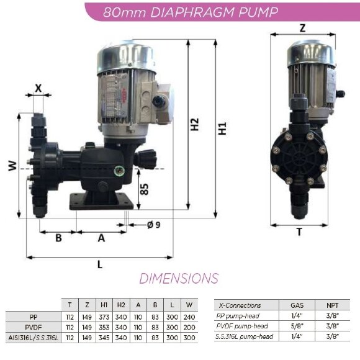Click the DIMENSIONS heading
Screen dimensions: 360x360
tap(179, 278)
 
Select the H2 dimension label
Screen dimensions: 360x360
tap(196, 124)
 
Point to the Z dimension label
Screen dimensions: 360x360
tap(302, 28)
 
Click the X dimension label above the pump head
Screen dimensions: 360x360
tap(38, 88)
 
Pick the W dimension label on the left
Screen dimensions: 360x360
tap(12, 166)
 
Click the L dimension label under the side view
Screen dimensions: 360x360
tap(99, 264)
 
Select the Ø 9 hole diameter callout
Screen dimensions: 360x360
tap(153, 224)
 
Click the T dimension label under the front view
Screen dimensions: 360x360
tap(299, 232)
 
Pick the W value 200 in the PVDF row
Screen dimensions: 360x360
tap(189, 326)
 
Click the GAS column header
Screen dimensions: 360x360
tap(297, 305)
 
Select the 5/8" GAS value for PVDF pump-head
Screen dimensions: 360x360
tap(297, 326)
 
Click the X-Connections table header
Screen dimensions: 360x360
tap(239, 305)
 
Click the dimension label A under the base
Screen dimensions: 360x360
tap(101, 237)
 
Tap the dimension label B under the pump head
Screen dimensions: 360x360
tap(58, 237)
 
